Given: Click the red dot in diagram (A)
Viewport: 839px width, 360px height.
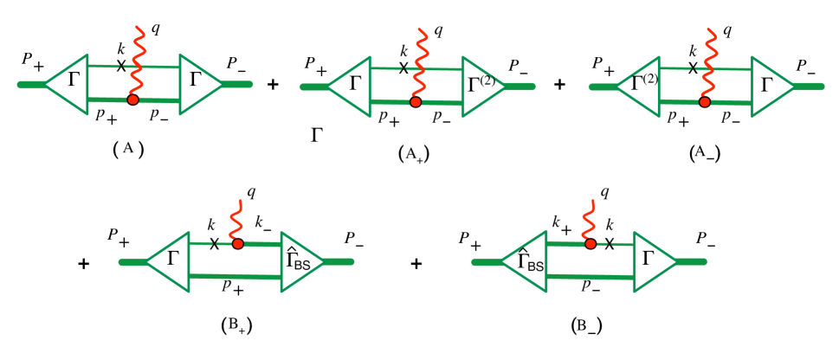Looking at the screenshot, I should coord(132,100).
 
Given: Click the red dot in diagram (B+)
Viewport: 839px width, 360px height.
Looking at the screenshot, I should coord(238,245).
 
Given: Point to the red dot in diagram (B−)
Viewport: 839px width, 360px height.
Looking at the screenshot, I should coord(590,244).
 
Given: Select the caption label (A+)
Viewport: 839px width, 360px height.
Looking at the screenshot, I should coord(414,153).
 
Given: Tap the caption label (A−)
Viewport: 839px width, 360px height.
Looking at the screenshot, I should coord(703,152).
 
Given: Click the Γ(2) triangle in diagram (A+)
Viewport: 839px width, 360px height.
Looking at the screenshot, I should coord(481,84).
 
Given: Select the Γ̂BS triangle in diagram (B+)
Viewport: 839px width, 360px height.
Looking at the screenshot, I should coord(300,260).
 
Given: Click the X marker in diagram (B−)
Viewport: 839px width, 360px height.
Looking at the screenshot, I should coord(609,245).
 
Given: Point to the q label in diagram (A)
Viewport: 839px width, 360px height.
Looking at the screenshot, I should coord(155,29).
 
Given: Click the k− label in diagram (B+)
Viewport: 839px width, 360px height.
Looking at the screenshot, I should coord(264,225).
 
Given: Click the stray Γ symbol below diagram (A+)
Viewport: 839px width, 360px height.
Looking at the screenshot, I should coord(318,134).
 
